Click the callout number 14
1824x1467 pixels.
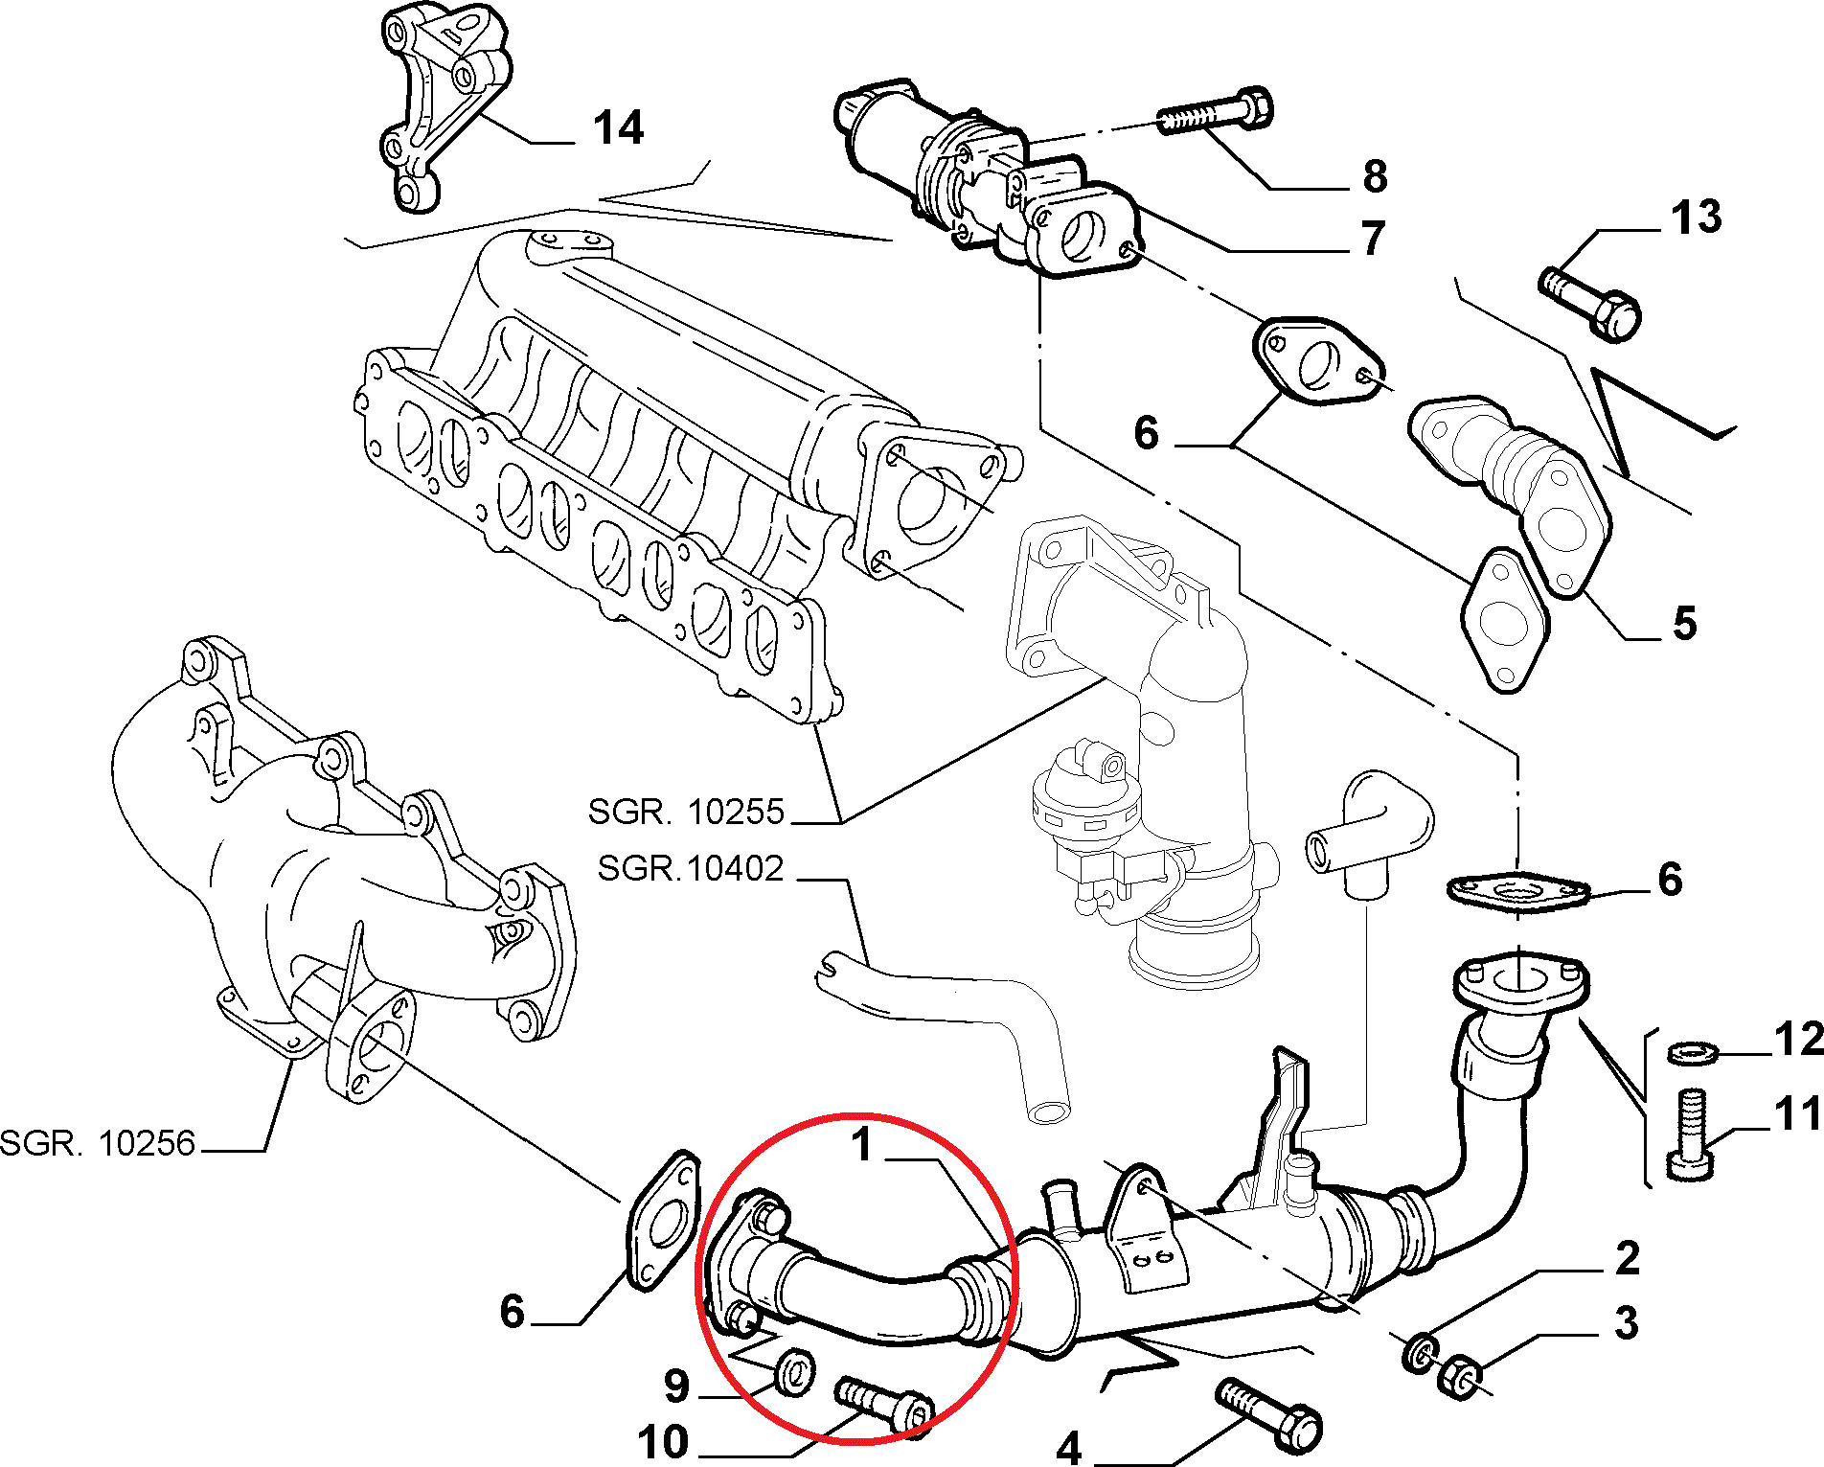(619, 127)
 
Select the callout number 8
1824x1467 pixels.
(1376, 176)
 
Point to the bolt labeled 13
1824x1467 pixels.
(1590, 301)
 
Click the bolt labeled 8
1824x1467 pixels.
(1216, 111)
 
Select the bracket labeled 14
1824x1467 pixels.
(443, 105)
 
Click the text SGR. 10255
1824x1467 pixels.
(686, 812)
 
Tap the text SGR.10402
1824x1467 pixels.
(691, 868)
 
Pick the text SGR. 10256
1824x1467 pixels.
(98, 1143)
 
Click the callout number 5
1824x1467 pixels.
(1685, 623)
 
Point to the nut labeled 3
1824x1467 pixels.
(1458, 1376)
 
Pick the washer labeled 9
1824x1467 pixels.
(794, 1370)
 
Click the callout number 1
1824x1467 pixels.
(863, 1145)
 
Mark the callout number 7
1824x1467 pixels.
(1374, 238)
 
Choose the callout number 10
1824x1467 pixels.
(663, 1442)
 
